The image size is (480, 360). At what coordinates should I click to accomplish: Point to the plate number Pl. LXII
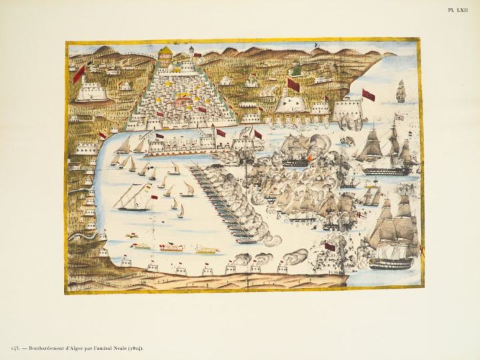tap(457, 10)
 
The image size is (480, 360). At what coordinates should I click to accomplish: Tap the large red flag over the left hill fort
tap(79, 74)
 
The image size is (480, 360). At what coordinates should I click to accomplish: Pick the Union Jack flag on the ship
tap(399, 117)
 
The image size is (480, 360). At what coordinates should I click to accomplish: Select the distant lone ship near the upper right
tap(401, 91)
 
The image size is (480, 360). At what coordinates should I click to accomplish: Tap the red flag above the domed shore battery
tap(293, 85)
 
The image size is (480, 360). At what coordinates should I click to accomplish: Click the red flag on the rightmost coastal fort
tap(368, 95)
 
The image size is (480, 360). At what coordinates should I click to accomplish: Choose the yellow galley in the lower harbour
tap(207, 251)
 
